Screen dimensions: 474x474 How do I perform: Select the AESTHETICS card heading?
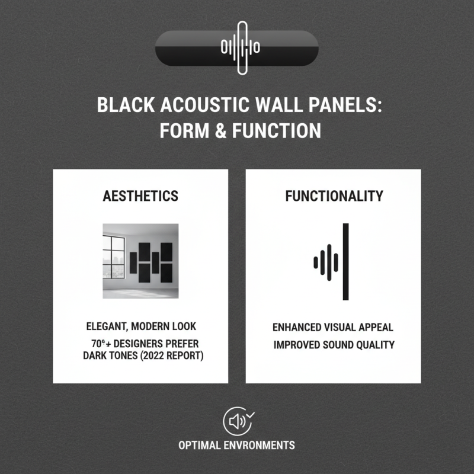point(140,196)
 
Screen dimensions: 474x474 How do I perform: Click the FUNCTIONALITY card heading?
point(334,196)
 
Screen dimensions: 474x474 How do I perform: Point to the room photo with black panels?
point(140,261)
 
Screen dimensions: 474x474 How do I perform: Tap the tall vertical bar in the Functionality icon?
point(346,261)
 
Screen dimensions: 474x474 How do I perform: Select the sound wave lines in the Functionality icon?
point(325,261)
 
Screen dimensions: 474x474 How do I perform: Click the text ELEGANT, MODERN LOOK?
point(141,326)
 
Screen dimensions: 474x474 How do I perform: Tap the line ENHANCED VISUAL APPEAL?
point(333,327)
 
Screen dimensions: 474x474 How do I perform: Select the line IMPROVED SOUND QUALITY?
point(334,345)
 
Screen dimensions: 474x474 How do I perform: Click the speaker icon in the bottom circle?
point(236,421)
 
